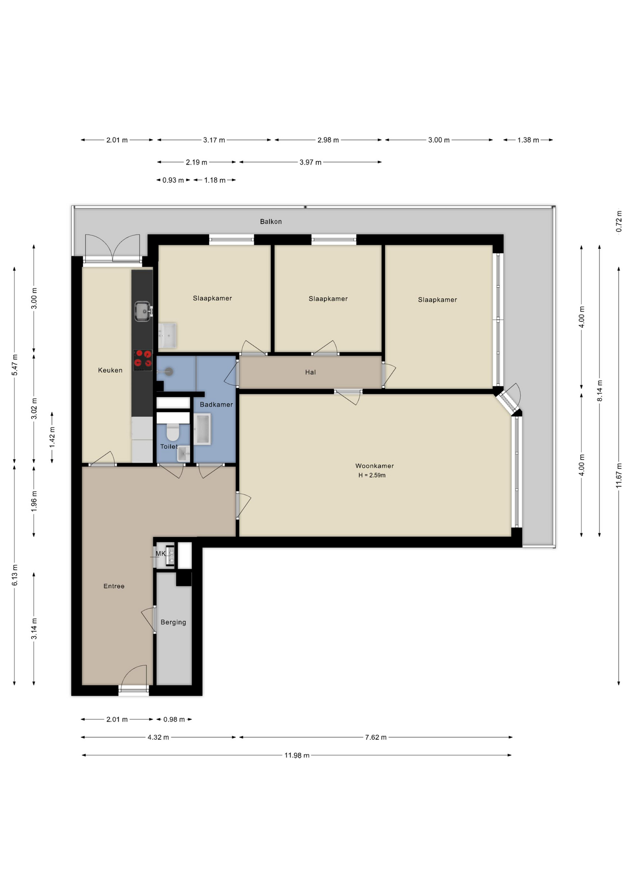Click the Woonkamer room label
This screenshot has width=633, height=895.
[374, 466]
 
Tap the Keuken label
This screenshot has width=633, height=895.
[110, 370]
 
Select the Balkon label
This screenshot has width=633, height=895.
[271, 221]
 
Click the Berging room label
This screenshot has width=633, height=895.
[173, 622]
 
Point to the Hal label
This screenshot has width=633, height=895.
[310, 372]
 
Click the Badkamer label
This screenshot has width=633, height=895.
[216, 404]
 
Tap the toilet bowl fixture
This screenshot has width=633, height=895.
[172, 432]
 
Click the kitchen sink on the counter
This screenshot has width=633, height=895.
[143, 311]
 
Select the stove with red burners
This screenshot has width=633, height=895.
[143, 360]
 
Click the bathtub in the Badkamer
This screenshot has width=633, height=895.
[203, 429]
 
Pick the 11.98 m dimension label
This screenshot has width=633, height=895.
[297, 755]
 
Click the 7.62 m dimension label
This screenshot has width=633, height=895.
[376, 737]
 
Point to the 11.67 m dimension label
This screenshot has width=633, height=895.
[619, 475]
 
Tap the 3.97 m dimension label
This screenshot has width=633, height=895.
[310, 162]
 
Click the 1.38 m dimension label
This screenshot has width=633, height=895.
[528, 140]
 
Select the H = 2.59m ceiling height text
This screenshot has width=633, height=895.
[372, 475]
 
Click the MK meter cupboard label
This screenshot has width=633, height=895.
[160, 553]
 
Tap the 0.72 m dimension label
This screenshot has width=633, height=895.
[619, 221]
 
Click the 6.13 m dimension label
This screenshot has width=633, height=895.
[14, 575]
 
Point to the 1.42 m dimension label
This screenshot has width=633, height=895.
[52, 437]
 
